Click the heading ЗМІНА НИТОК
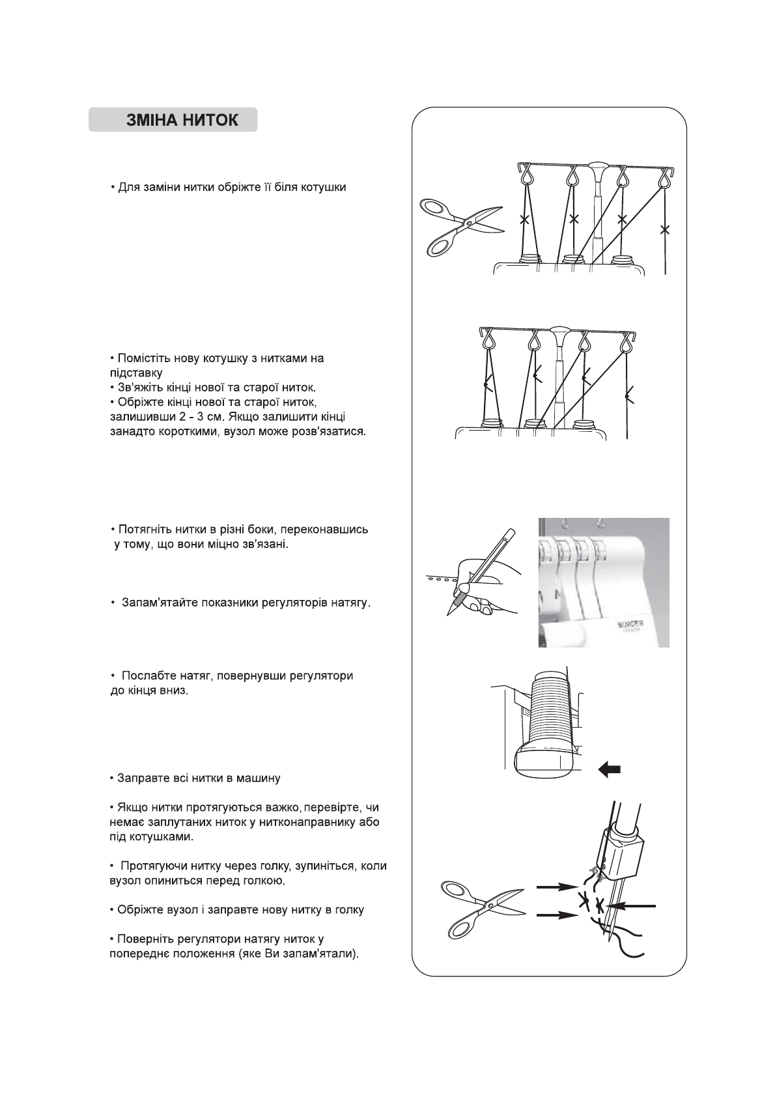tap(182, 121)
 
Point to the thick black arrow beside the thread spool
tap(609, 771)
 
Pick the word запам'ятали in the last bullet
tap(324, 955)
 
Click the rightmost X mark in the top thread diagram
tap(664, 229)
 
